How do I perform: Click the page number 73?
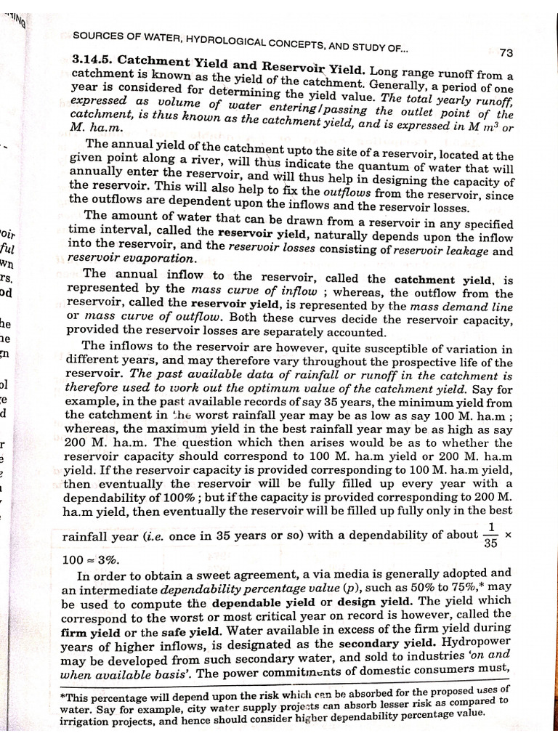506,53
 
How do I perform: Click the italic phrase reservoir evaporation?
131,258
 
